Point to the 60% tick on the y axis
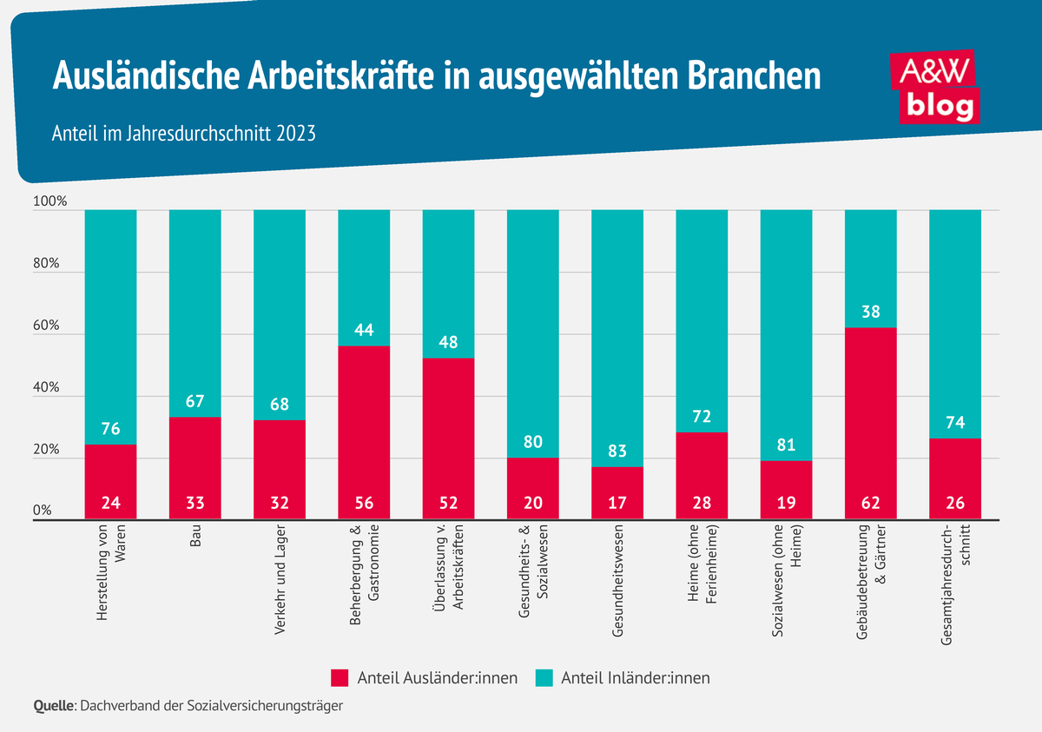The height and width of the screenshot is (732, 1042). click(45, 326)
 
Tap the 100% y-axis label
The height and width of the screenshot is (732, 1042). click(49, 202)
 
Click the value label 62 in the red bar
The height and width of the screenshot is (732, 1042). click(870, 502)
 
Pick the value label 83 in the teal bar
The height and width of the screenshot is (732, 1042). click(617, 452)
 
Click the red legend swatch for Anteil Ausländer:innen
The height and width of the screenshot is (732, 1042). click(340, 677)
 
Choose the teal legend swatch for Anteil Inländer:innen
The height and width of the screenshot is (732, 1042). click(544, 677)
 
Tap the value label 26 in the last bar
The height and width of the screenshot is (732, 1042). click(954, 502)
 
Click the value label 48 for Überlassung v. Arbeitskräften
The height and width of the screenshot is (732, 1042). click(448, 342)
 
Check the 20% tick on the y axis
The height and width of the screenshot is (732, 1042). click(45, 451)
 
